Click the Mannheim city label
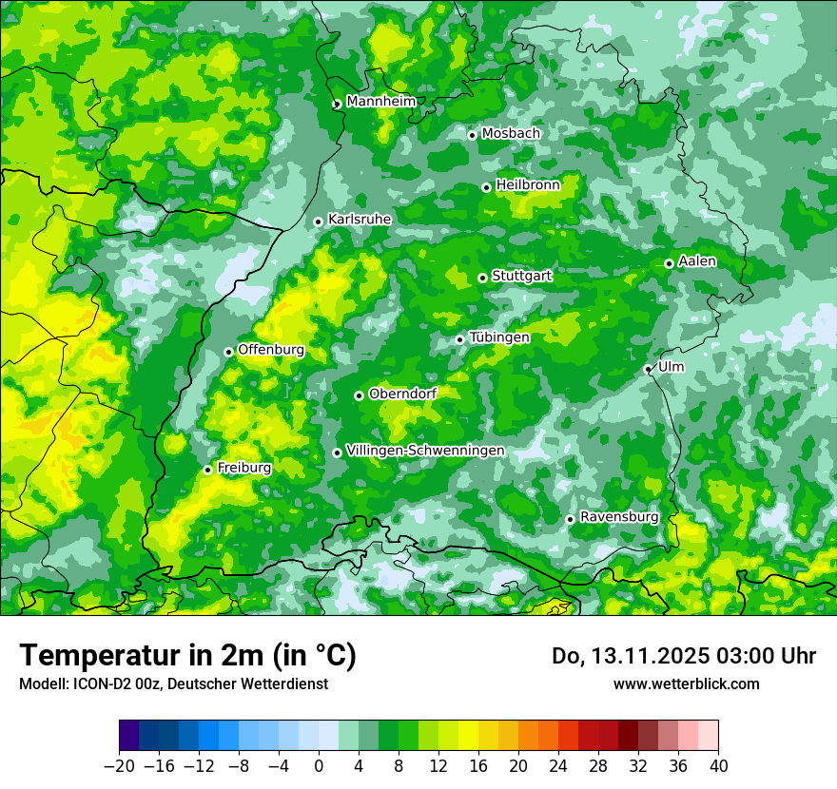(380, 102)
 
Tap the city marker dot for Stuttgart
(482, 278)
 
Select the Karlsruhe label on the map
(360, 220)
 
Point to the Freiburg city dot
(207, 470)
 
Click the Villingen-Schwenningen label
(425, 451)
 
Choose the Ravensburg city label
(619, 517)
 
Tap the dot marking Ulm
(648, 369)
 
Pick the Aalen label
(697, 261)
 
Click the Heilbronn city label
(528, 184)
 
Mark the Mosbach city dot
(472, 135)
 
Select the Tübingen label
(499, 337)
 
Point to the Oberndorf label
(402, 394)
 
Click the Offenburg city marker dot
(228, 352)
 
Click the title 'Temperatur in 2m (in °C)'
(187, 656)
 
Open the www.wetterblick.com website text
(686, 683)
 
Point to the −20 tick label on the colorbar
(119, 766)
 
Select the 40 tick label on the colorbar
(718, 766)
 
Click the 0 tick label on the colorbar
(319, 766)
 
